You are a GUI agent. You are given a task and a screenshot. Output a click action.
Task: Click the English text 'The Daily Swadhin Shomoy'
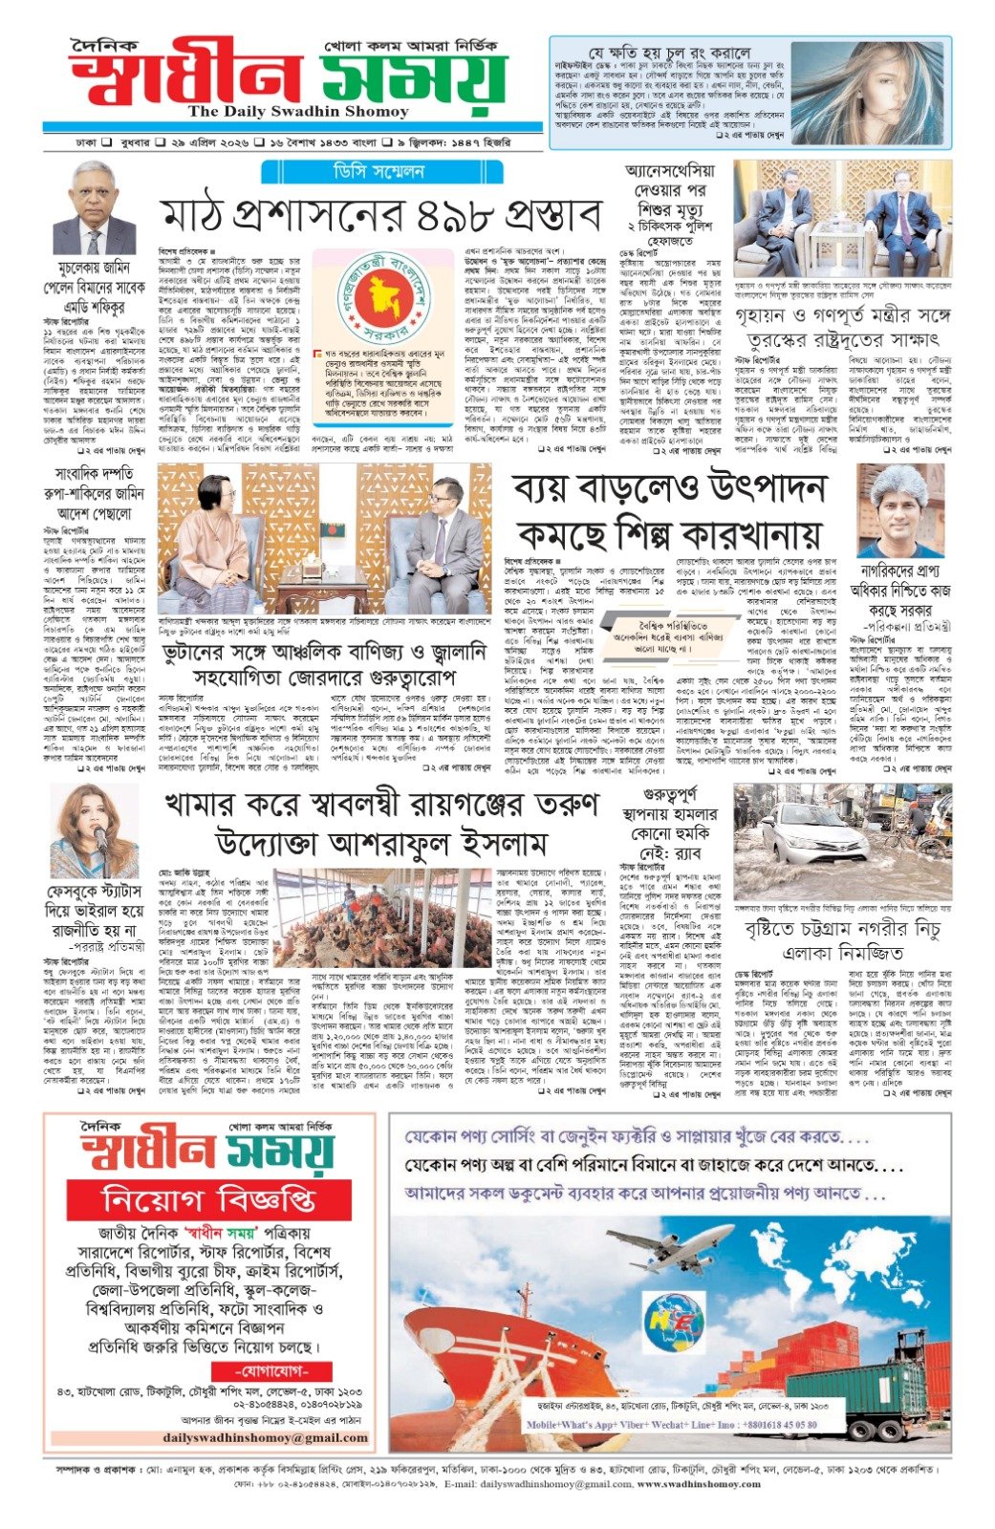point(285,112)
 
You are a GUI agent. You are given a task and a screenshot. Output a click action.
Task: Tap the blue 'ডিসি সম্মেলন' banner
point(422,173)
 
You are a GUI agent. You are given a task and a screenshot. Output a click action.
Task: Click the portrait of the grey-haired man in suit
point(94,208)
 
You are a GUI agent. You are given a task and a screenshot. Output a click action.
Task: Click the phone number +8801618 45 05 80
point(765,1424)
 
